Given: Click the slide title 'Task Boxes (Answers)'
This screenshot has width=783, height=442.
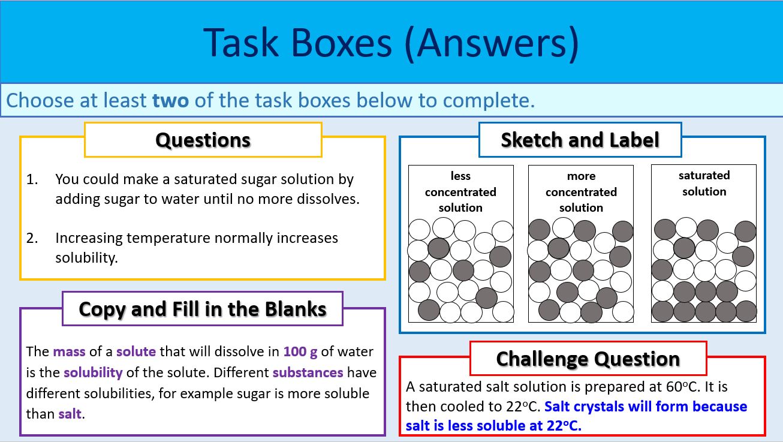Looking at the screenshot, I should point(391,43).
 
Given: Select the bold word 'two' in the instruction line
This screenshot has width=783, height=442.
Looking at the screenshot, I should point(170,100).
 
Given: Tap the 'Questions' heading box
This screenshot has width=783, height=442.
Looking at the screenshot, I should point(203,140).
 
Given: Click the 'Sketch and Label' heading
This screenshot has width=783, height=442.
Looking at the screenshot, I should point(580,140).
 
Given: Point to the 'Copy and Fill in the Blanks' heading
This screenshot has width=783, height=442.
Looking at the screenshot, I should point(203,309).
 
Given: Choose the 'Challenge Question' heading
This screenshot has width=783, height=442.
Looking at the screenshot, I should point(588,359).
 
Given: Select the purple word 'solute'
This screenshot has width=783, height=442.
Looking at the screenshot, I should point(135,351).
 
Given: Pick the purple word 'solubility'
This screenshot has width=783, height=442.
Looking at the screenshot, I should point(93,372).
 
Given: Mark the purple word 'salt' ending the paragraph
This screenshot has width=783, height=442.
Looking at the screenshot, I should point(70,414).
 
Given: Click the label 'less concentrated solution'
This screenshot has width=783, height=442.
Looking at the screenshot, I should point(460,191).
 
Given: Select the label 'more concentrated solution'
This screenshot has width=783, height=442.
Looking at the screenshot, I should point(581,191).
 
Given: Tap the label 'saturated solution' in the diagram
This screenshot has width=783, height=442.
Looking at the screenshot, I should point(704,184).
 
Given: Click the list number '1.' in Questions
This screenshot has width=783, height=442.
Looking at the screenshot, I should point(32,179).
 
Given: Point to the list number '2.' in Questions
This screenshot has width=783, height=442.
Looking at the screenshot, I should point(32,238).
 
